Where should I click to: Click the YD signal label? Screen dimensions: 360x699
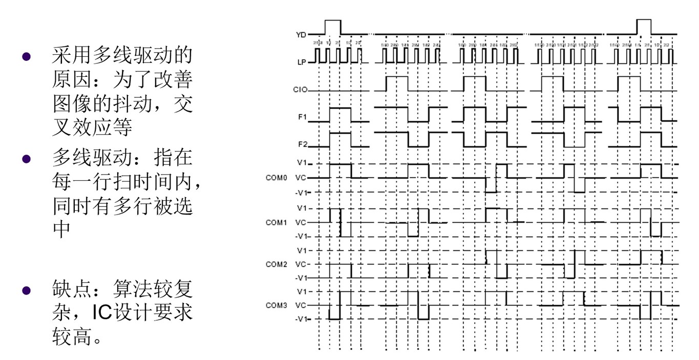click(x=301, y=35)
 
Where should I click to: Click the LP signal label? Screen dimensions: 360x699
click(x=301, y=61)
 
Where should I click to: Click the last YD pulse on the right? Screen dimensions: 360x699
click(x=644, y=26)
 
